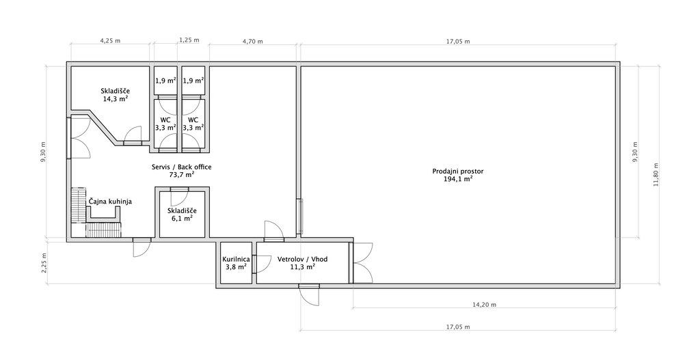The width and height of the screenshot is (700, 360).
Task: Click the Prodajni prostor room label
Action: (457, 171)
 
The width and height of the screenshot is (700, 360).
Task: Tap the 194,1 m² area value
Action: (458, 179)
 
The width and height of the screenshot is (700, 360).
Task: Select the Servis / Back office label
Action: (180, 167)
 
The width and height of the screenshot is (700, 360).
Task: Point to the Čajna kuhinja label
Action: (110, 202)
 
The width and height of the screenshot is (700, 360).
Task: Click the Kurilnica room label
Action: (236, 259)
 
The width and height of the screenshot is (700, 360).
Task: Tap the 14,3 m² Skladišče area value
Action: (116, 98)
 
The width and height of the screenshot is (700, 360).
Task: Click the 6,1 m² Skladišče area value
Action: (182, 218)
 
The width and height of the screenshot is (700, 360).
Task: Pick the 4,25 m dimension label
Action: (110, 40)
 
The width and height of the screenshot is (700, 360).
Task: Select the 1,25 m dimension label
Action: (189, 40)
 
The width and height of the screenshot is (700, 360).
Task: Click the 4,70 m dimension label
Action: (252, 42)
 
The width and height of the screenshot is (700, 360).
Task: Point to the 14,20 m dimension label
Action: (485, 305)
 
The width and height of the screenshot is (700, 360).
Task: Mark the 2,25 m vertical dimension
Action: (44, 263)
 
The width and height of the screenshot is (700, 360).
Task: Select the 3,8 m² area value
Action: (236, 267)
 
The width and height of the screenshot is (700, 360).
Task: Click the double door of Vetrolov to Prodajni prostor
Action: (362, 263)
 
